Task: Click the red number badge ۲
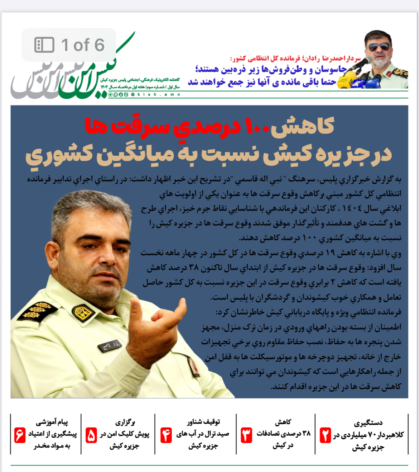click(x=325, y=435)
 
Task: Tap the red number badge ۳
click(x=246, y=435)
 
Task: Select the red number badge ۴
click(x=166, y=435)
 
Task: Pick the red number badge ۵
click(x=91, y=435)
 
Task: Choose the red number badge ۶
click(x=20, y=435)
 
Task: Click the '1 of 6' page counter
click(x=83, y=45)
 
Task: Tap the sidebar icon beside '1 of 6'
click(x=44, y=45)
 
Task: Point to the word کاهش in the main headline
click(x=303, y=126)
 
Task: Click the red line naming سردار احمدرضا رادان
click(x=295, y=58)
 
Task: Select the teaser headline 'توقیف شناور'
click(x=203, y=422)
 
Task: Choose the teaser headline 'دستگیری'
click(x=368, y=423)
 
